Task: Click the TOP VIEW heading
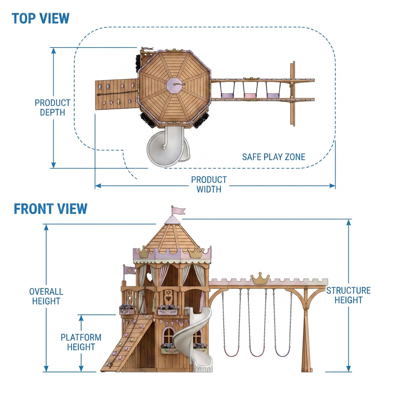coord(40,19)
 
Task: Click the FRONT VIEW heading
coord(51,209)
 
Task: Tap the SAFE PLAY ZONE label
coord(274,157)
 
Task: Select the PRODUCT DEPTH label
coord(53,108)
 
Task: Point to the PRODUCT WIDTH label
coord(209,184)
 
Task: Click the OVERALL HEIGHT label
coord(46,296)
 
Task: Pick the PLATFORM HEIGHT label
coord(81,342)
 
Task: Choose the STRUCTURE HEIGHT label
coord(348,295)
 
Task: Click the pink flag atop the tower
coord(178,211)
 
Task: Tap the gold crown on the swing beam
coord(260,278)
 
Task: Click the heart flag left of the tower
coord(129,270)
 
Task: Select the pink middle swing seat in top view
coord(250,96)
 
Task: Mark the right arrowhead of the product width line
coord(333,186)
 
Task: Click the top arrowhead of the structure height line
coord(349,222)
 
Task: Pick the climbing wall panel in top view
coord(117,94)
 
